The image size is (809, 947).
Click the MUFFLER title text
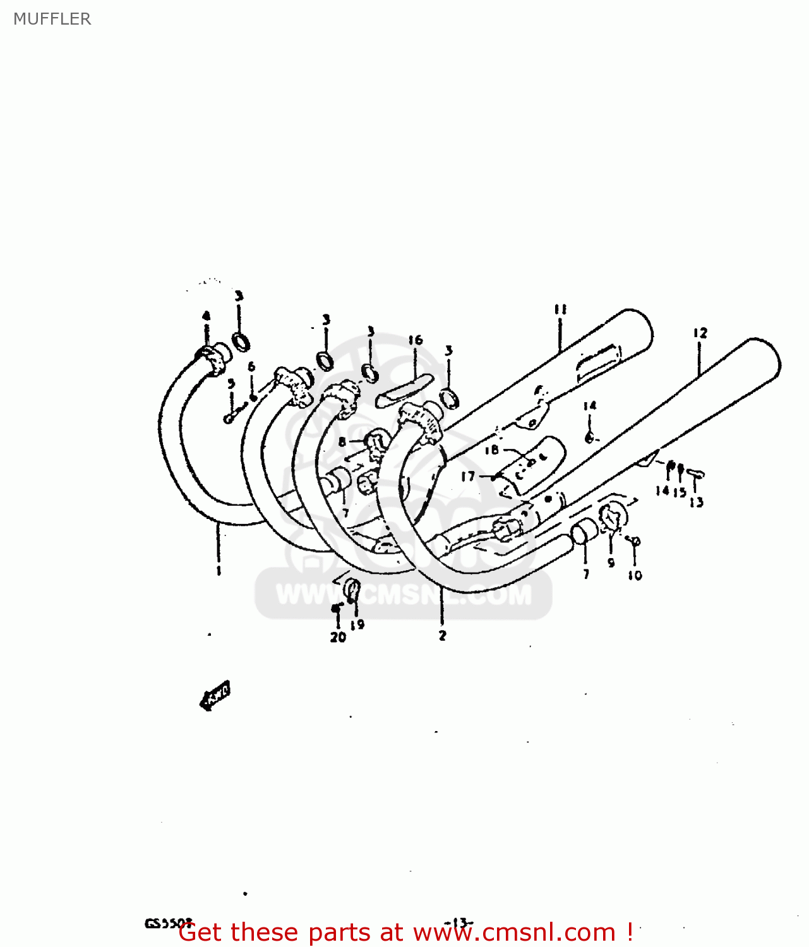pyautogui.click(x=52, y=19)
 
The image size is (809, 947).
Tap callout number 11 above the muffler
pyautogui.click(x=560, y=309)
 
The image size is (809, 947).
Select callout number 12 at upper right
pyautogui.click(x=700, y=333)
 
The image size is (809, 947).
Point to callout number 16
pyautogui.click(x=415, y=340)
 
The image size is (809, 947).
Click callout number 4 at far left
pyautogui.click(x=206, y=316)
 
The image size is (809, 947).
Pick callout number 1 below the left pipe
pyautogui.click(x=219, y=571)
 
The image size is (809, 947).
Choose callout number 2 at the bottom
pyautogui.click(x=442, y=636)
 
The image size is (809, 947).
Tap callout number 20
pyautogui.click(x=338, y=637)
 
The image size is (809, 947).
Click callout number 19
pyautogui.click(x=357, y=624)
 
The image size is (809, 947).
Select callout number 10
pyautogui.click(x=635, y=575)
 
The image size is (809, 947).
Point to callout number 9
pyautogui.click(x=611, y=563)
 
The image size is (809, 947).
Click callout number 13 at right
pyautogui.click(x=696, y=503)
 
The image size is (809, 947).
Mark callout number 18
pyautogui.click(x=492, y=450)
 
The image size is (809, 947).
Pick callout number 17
pyautogui.click(x=467, y=476)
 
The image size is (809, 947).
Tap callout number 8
pyautogui.click(x=342, y=442)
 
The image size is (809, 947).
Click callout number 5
pyautogui.click(x=231, y=383)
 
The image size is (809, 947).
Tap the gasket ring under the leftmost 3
pyautogui.click(x=241, y=342)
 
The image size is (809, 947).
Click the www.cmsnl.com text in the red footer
pyautogui.click(x=514, y=932)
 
